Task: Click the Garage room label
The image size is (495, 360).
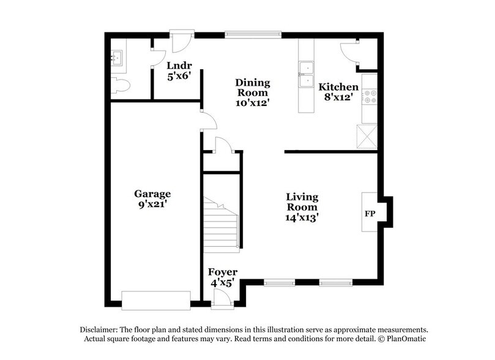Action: (152, 194)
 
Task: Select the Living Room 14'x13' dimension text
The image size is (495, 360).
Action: (303, 216)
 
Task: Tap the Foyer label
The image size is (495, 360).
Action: (223, 272)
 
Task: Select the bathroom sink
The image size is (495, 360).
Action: (117, 59)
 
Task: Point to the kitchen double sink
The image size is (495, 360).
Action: (305, 75)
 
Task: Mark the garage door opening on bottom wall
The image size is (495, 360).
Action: (156, 301)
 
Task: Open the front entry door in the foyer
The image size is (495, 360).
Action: (221, 298)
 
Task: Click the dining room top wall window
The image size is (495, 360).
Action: (253, 35)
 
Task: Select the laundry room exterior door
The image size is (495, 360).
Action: (182, 42)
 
